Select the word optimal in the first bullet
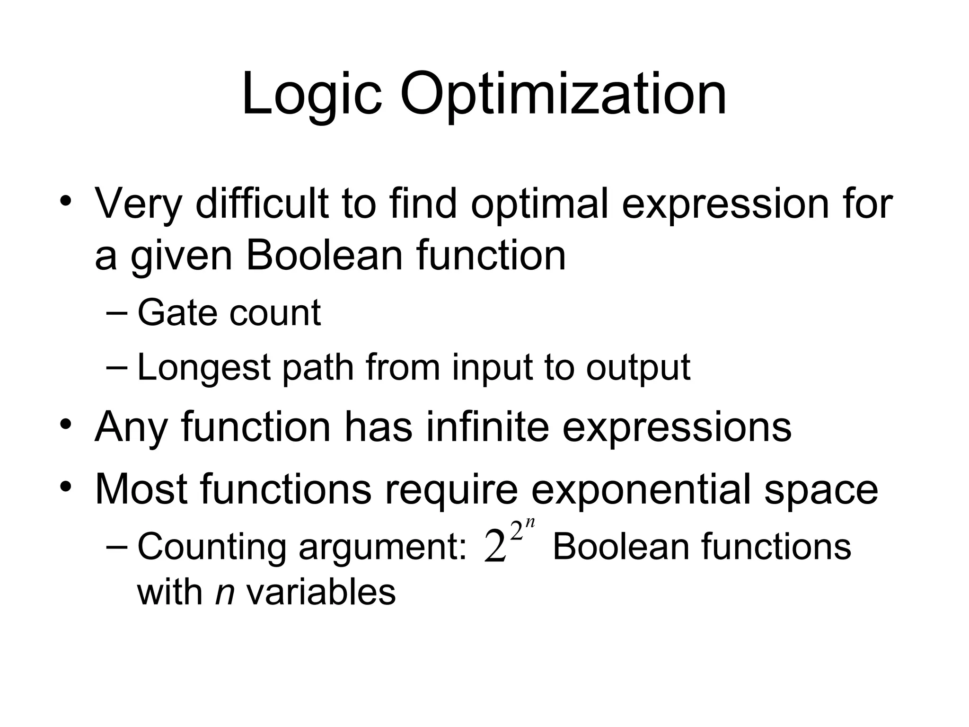pos(539,204)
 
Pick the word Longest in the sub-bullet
pos(203,368)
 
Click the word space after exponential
pos(821,489)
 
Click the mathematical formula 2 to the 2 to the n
pos(509,542)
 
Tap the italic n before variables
pos(225,593)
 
